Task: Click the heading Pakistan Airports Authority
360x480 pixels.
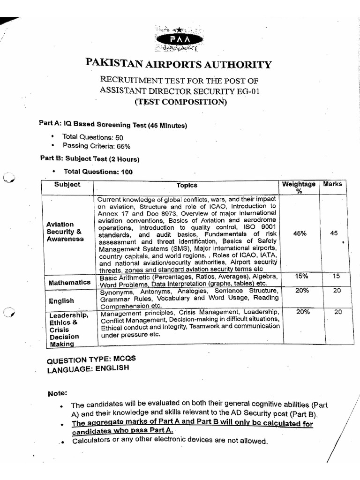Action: click(x=178, y=65)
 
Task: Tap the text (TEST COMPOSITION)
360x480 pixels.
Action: click(x=179, y=102)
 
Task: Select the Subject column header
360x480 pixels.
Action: click(x=67, y=185)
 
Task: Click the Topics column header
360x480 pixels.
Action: click(x=187, y=186)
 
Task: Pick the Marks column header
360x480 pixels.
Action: click(x=332, y=184)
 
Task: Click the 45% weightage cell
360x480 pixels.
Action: click(x=299, y=233)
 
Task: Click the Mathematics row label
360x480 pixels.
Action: click(x=69, y=283)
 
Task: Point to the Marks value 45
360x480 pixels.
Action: click(x=333, y=233)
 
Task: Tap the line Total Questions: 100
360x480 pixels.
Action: click(x=97, y=172)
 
